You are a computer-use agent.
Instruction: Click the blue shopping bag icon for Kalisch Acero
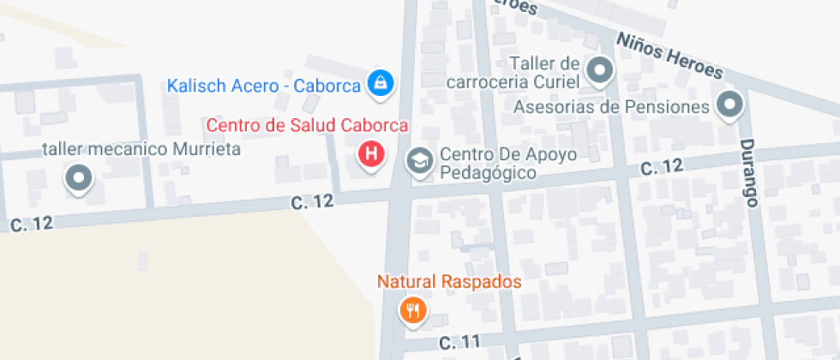(379, 83)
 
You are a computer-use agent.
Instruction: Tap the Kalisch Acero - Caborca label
(264, 86)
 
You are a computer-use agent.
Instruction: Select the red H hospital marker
(370, 154)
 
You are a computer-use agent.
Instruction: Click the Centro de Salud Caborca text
(307, 125)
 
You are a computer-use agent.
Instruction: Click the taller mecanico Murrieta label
(141, 149)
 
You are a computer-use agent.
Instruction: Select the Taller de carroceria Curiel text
(514, 73)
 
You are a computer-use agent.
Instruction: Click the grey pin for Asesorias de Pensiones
(729, 105)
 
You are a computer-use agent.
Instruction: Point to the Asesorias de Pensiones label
(611, 107)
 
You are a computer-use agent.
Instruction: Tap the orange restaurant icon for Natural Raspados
(413, 309)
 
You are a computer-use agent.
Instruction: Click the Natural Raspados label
(449, 282)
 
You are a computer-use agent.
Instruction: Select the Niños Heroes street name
(669, 54)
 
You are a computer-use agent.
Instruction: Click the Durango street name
(750, 173)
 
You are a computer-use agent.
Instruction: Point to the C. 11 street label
(460, 342)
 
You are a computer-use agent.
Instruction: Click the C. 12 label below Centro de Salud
(311, 202)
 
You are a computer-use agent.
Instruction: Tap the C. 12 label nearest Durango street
(663, 165)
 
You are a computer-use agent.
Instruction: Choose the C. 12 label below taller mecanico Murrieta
(32, 224)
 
